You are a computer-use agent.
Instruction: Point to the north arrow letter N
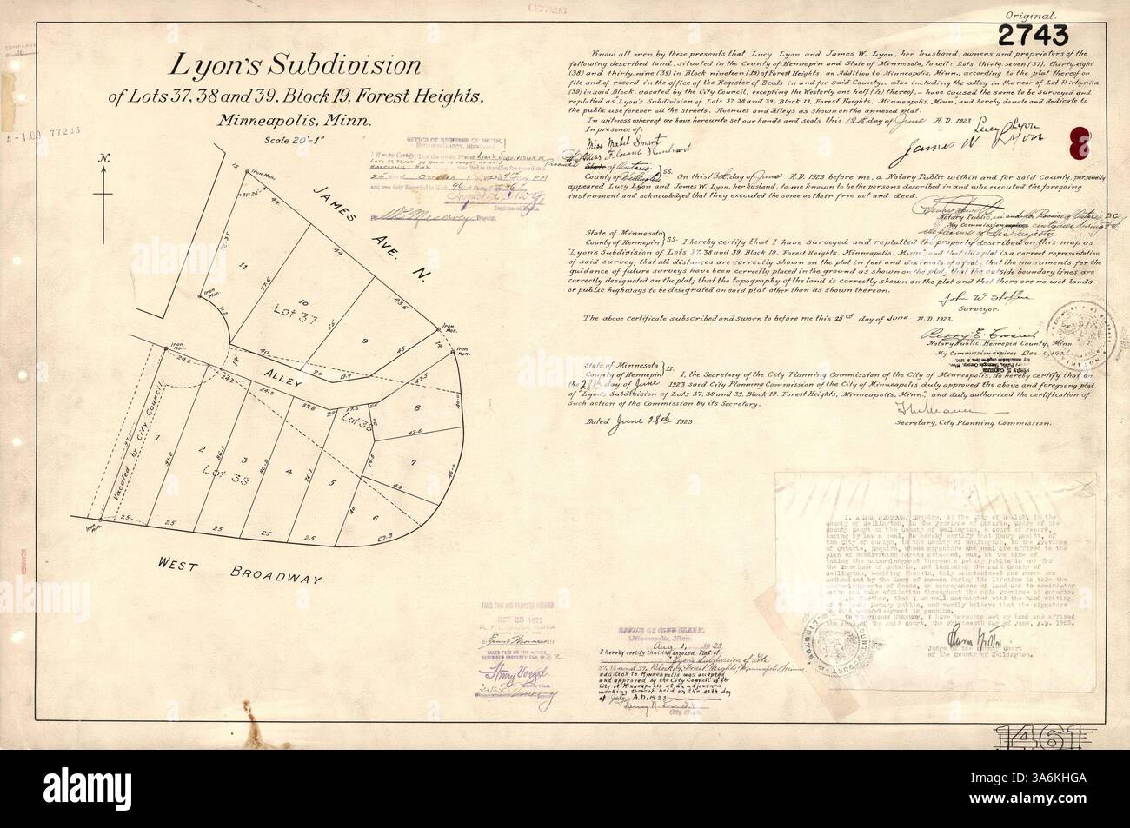(103, 159)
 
